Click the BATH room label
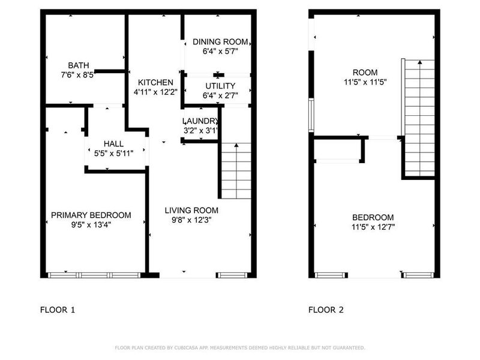(x=78, y=65)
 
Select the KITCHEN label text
(x=155, y=82)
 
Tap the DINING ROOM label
(x=220, y=41)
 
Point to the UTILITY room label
(x=220, y=86)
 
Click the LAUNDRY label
(x=200, y=121)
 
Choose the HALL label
(x=113, y=144)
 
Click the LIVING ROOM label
(x=191, y=210)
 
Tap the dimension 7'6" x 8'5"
(x=78, y=76)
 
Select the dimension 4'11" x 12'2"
(x=155, y=92)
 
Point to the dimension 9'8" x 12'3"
(x=191, y=220)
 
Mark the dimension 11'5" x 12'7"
(x=373, y=227)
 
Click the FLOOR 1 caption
(x=57, y=310)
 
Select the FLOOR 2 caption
(x=326, y=310)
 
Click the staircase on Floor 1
(x=236, y=171)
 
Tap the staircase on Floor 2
(x=419, y=117)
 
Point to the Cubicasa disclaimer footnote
(x=239, y=347)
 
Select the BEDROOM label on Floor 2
(x=373, y=217)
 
